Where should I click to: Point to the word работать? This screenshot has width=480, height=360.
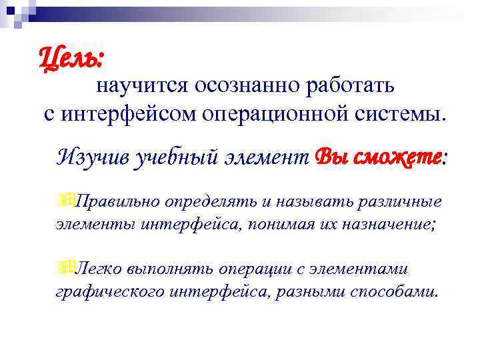click(353, 86)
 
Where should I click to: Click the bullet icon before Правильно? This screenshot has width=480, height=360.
click(65, 199)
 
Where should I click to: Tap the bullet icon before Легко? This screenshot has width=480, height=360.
click(65, 266)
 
